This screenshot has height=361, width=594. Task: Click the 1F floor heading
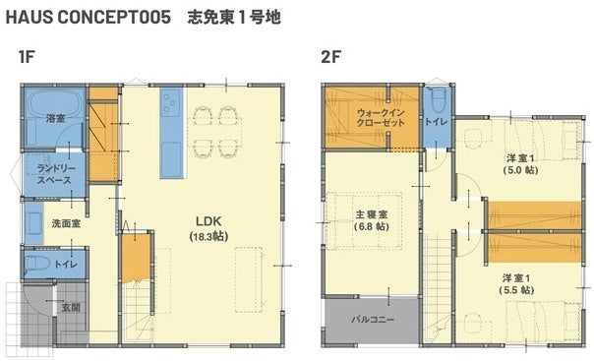point(27,57)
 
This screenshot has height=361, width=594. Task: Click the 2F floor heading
point(330,57)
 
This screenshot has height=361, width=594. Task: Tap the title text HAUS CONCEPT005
point(89,18)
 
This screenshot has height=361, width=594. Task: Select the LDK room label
point(208,221)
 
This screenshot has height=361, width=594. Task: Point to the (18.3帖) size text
point(208,236)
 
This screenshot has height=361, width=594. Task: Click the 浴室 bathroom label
point(56,119)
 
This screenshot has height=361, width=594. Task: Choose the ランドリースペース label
point(56,174)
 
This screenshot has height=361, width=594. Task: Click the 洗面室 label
point(66,223)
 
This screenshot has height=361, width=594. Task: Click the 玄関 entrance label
point(71,307)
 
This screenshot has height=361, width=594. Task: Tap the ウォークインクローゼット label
point(381,118)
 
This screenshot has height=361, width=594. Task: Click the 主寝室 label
point(372,214)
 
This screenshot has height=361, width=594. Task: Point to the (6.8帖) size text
point(372,226)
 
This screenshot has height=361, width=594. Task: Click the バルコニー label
point(373,320)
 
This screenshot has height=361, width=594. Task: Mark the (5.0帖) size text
point(520,170)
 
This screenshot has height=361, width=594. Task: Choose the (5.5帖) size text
point(516,290)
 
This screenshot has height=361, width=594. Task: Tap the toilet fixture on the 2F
point(438,100)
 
